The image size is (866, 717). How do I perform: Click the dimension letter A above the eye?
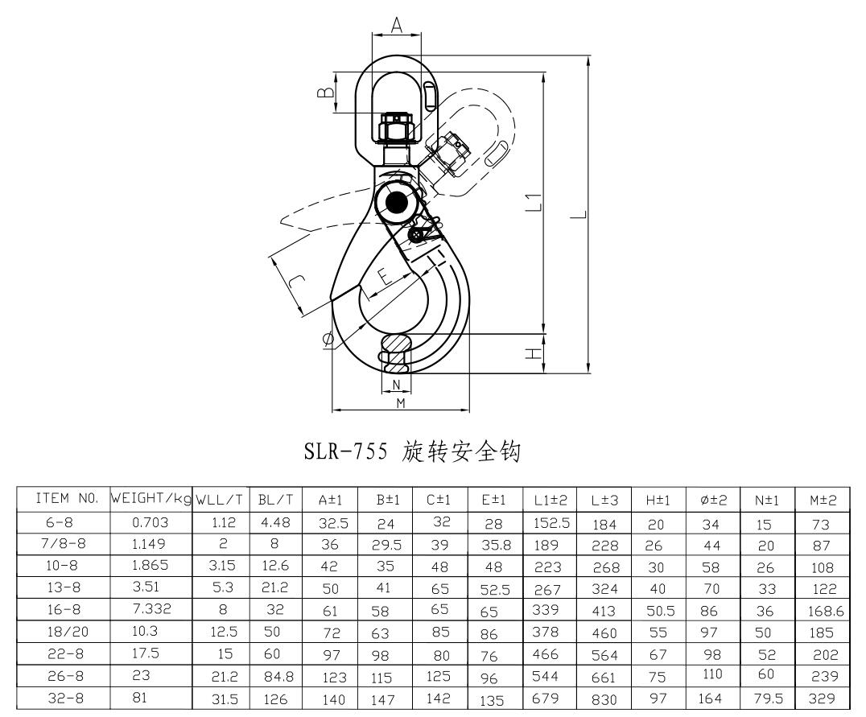coord(397,25)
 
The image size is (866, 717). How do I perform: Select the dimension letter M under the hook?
coord(400,402)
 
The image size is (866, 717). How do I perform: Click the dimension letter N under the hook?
coord(396,384)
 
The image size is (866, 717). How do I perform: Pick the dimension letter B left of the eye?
coord(324,93)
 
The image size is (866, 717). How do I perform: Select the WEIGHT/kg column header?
coord(151,500)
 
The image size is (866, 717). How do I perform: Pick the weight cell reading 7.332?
coord(151,605)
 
